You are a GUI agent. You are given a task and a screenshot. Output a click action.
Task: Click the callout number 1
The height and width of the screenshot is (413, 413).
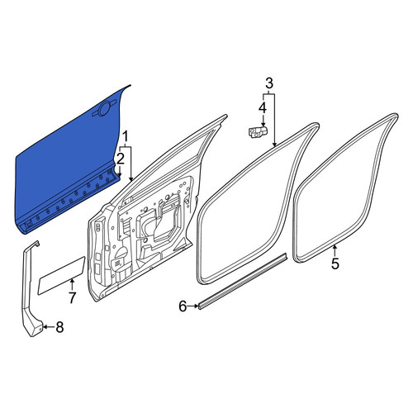(126, 137)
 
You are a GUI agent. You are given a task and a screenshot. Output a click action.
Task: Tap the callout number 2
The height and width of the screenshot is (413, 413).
(121, 159)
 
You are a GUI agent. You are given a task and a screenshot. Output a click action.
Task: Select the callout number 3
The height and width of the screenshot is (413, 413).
(269, 83)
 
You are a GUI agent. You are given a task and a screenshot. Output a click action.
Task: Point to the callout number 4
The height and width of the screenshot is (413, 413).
(263, 108)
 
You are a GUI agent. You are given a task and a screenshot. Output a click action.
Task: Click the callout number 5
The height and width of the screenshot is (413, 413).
(335, 263)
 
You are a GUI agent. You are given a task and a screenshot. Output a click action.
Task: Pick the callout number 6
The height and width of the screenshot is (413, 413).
(183, 306)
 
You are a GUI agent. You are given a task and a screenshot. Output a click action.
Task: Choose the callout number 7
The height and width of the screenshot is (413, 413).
(72, 297)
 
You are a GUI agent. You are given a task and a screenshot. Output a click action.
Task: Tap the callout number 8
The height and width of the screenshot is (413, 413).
(59, 327)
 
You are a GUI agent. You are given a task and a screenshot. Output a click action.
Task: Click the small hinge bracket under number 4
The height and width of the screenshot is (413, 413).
(258, 131)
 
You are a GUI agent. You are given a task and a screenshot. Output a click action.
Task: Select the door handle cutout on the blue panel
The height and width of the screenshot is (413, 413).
(104, 109)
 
